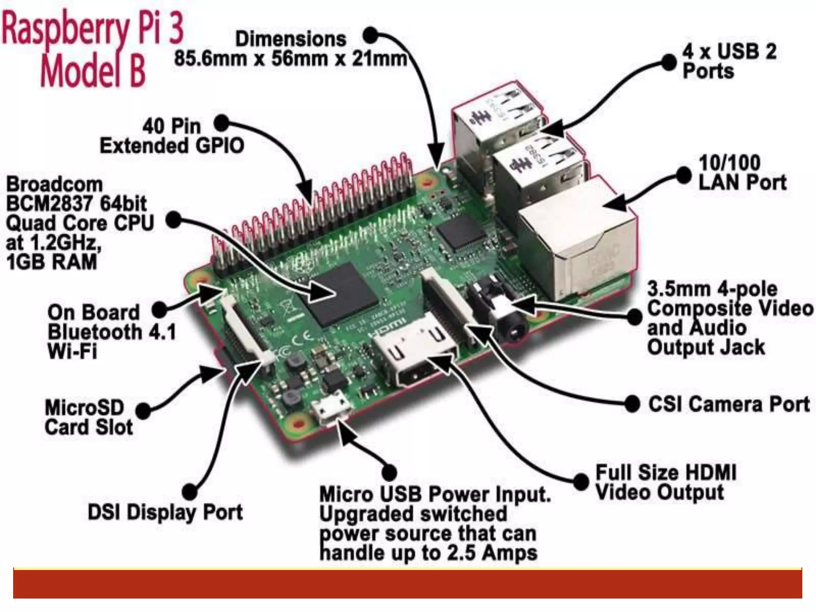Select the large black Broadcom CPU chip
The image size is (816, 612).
pyautogui.click(x=342, y=295)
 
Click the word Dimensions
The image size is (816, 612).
pyautogui.click(x=290, y=39)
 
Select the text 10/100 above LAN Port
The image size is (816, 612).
pyautogui.click(x=729, y=163)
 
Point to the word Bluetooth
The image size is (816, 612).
pyautogui.click(x=95, y=332)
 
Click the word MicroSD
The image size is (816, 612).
pyautogui.click(x=84, y=408)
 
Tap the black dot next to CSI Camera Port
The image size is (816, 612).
pyautogui.click(x=632, y=404)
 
